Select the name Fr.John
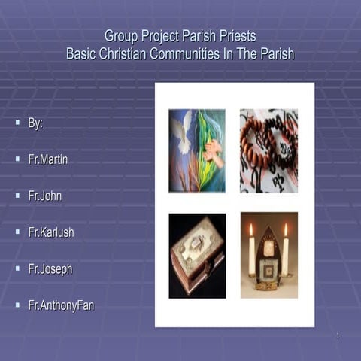(x=45, y=196)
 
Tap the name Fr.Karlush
(x=51, y=232)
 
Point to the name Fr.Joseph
(x=50, y=268)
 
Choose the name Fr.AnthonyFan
(x=61, y=305)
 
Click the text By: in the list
(x=35, y=123)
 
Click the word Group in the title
(x=121, y=35)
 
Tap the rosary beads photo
(x=268, y=150)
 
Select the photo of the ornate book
(x=197, y=256)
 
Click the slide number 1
(x=338, y=335)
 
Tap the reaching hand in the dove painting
(x=214, y=147)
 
